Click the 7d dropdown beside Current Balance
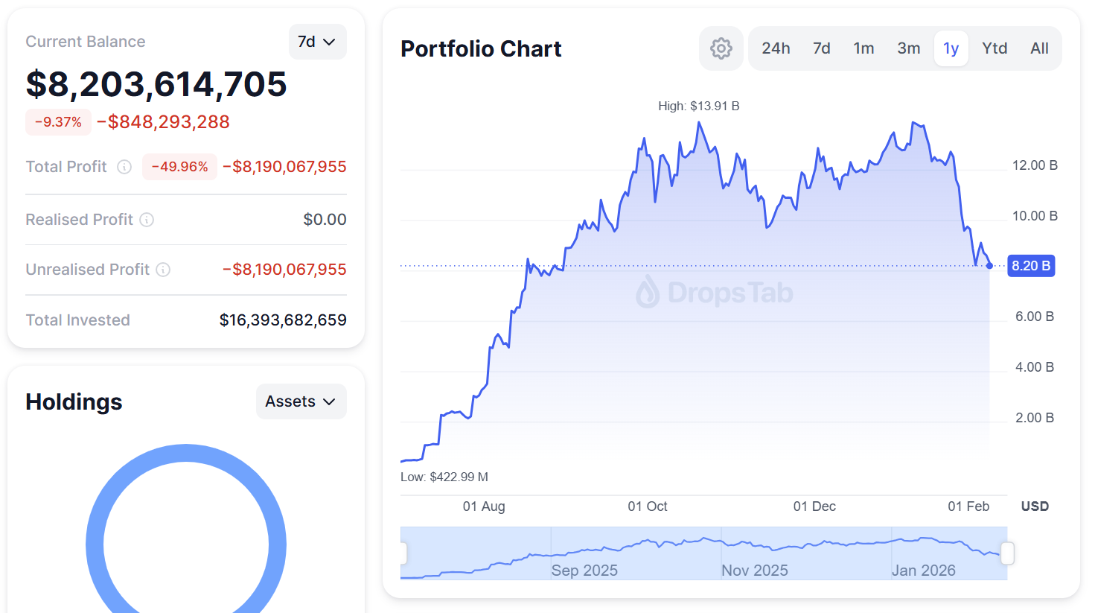point(317,42)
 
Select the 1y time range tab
point(951,48)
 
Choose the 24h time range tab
point(776,48)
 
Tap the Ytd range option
point(995,48)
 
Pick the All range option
point(1039,48)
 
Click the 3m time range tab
point(908,48)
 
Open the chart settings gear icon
point(721,48)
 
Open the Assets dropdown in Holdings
point(301,401)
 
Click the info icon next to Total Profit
point(124,167)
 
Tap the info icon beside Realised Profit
point(147,220)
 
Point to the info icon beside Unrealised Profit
point(163,270)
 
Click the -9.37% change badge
point(58,122)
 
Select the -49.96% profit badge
point(179,167)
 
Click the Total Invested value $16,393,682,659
point(283,320)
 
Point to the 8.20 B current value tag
point(1030,266)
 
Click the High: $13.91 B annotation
point(698,106)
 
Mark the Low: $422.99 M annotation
point(444,477)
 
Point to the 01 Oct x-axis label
point(647,506)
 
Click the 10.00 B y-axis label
point(1034,216)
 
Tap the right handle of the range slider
point(1007,553)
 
